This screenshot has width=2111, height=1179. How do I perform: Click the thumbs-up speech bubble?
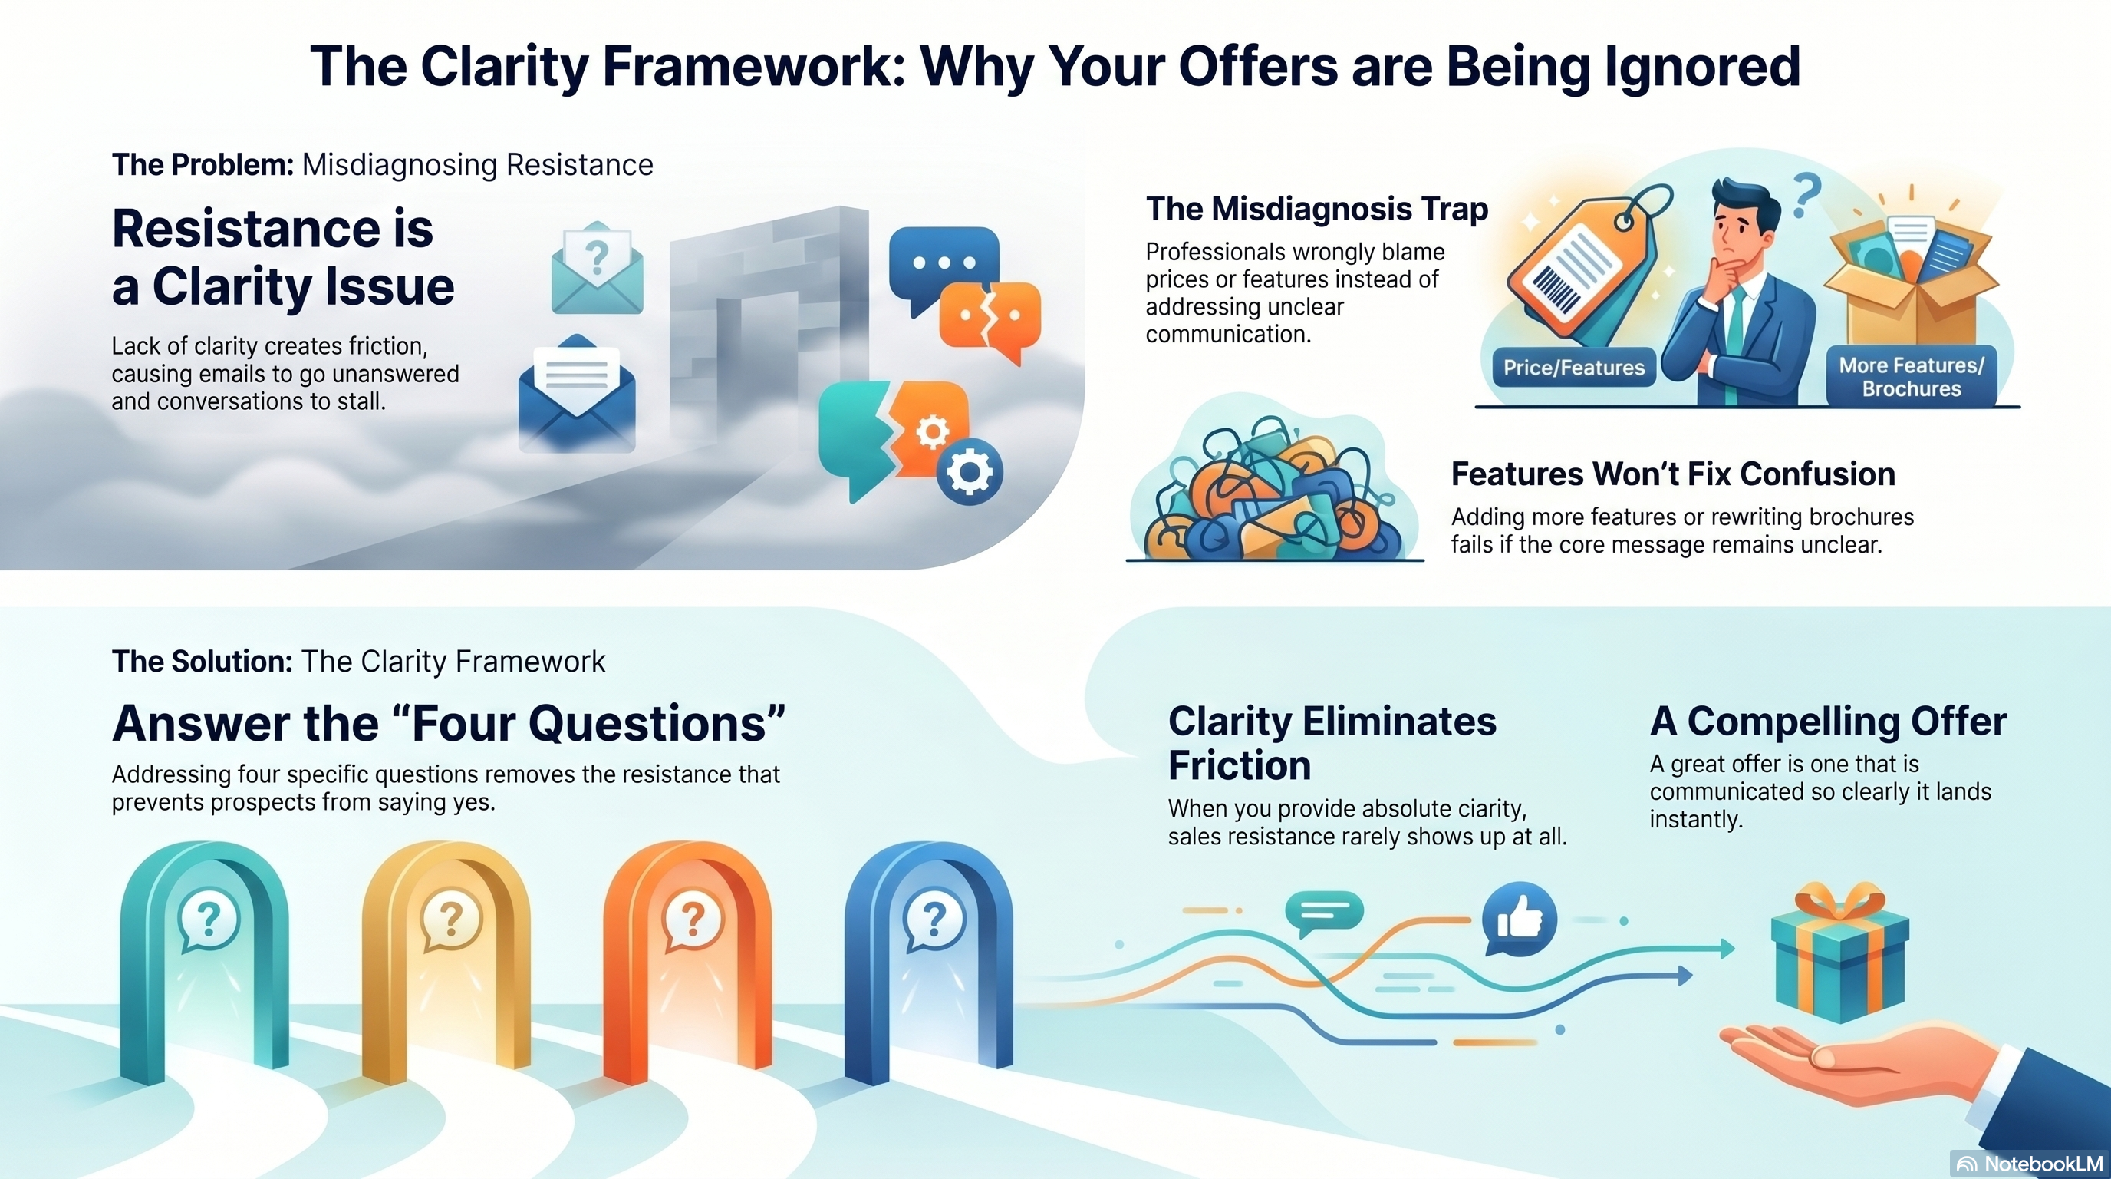(1519, 918)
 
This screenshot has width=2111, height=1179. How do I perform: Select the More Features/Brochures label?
(1911, 377)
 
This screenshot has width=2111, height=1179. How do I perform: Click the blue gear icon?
(970, 471)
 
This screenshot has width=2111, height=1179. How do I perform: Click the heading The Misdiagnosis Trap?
(1316, 209)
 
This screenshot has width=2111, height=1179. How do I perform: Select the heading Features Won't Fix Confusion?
(1672, 474)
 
